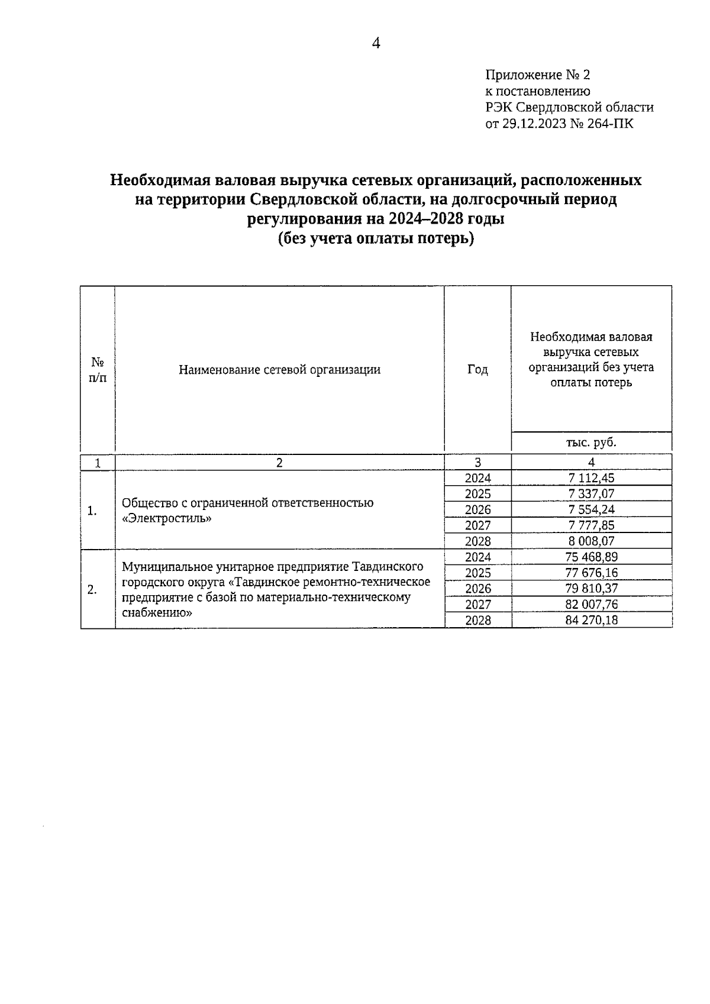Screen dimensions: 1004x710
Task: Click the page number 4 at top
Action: click(376, 43)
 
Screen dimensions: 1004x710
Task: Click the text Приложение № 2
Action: click(537, 75)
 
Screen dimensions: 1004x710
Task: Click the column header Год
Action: click(477, 370)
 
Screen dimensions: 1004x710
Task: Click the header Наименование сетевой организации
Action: click(279, 370)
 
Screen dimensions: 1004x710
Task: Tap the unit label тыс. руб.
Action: click(591, 442)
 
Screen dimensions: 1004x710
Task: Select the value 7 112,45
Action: click(591, 478)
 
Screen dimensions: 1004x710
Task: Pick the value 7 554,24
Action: click(591, 509)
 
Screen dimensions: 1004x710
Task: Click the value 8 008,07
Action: click(591, 541)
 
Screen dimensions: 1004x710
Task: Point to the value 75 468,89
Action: click(591, 557)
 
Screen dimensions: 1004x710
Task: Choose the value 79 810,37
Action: click(591, 588)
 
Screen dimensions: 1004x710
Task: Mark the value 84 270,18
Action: click(591, 620)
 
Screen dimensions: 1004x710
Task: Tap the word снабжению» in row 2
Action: click(157, 613)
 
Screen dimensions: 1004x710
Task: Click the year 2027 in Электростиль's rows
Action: click(477, 525)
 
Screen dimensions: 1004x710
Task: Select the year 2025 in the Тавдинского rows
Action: click(477, 573)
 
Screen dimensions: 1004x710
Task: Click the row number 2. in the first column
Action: click(92, 589)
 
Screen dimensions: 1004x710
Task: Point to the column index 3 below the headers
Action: click(477, 463)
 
